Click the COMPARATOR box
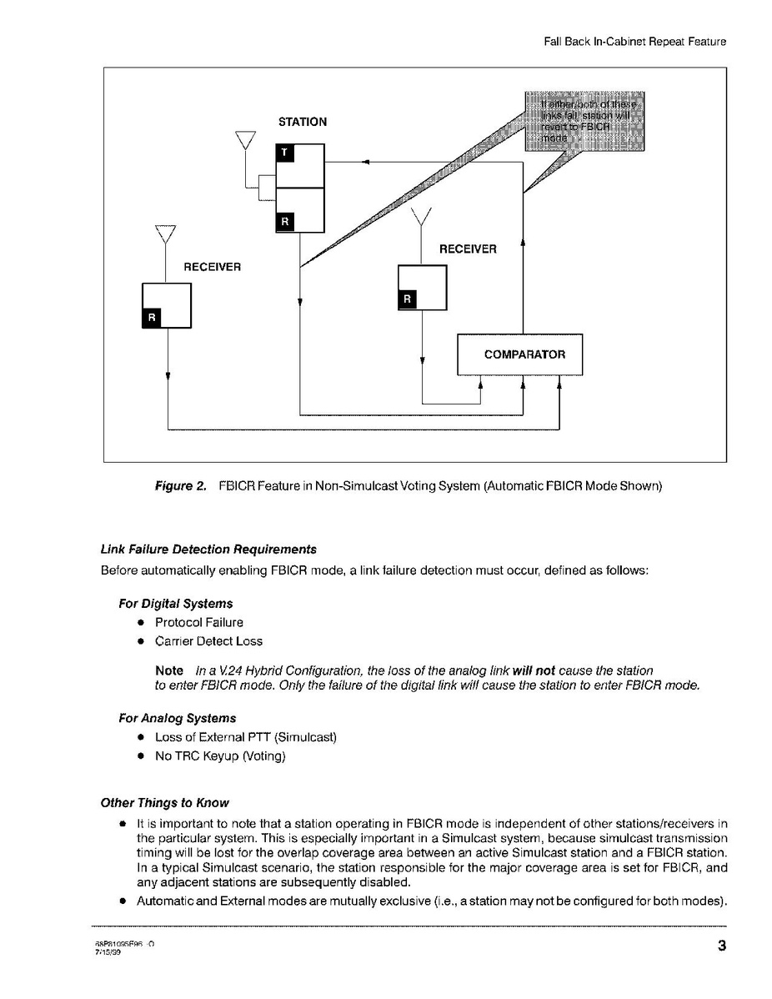tap(519, 354)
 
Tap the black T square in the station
tap(283, 153)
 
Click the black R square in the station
tap(284, 222)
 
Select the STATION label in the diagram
tap(303, 122)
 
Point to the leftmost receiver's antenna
tap(166, 233)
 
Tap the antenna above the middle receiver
tap(422, 218)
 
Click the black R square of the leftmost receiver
tap(152, 318)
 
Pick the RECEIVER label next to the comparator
tap(468, 249)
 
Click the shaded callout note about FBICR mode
tap(584, 121)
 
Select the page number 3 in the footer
tap(722, 946)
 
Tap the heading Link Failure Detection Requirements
tap(208, 550)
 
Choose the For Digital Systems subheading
tap(176, 603)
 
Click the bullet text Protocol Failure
tap(199, 622)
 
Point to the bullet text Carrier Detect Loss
tap(208, 641)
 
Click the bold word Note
tap(169, 670)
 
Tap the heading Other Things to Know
tap(164, 803)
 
